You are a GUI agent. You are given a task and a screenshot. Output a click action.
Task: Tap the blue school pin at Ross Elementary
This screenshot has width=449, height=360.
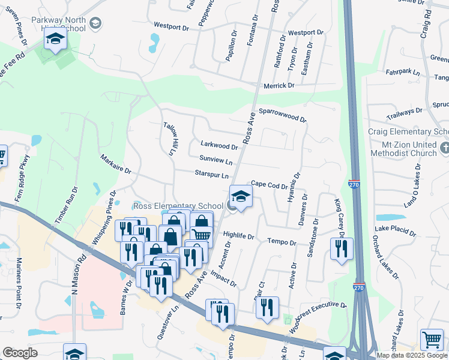(x=241, y=197)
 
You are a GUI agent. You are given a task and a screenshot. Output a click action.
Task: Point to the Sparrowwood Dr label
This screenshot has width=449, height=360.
(x=282, y=115)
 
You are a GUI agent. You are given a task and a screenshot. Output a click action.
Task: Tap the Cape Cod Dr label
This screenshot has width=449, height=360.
(x=269, y=185)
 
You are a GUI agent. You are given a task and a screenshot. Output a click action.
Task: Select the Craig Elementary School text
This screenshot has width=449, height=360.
(x=408, y=132)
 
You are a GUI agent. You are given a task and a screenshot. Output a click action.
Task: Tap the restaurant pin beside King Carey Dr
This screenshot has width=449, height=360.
(x=342, y=248)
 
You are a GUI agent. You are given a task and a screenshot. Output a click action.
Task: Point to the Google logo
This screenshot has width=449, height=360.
(x=20, y=353)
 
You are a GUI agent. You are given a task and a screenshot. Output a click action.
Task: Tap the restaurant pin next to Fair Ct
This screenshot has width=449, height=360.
(x=267, y=307)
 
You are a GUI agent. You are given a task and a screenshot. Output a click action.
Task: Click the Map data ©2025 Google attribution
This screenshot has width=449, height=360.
(x=412, y=355)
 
